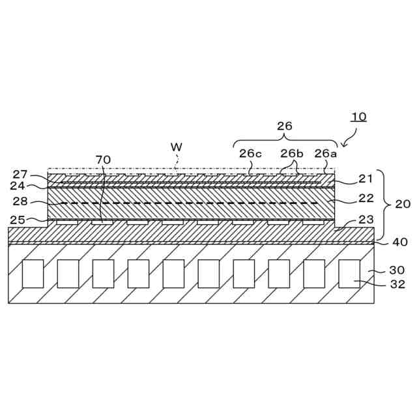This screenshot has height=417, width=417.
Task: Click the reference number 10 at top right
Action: (359, 117)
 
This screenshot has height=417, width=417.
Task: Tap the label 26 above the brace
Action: (285, 126)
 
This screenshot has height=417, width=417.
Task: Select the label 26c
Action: (250, 154)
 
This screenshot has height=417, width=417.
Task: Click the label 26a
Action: (325, 154)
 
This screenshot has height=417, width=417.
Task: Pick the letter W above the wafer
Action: (176, 147)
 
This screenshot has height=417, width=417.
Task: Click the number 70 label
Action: (103, 160)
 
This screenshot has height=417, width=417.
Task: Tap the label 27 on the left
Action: (20, 174)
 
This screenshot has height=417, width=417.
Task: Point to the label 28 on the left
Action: (20, 202)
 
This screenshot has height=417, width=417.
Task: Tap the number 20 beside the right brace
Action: (403, 204)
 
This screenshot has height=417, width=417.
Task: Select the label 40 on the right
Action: (399, 242)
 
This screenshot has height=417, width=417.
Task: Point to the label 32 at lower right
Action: (397, 285)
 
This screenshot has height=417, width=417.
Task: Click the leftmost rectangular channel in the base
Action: (33, 274)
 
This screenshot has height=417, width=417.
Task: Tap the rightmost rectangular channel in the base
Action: (349, 274)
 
